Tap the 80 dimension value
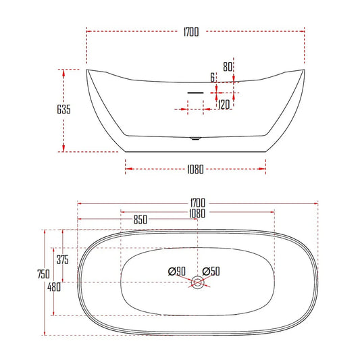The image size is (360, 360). tap(228, 66)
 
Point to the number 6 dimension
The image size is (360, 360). tap(213, 78)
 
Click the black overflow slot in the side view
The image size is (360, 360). tap(195, 89)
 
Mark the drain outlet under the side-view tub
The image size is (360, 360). tap(195, 139)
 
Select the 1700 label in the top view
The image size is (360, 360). tap(197, 203)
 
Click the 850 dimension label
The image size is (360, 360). tap(140, 220)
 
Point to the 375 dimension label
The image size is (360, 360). tap(63, 260)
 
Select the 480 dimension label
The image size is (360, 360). tap(55, 287)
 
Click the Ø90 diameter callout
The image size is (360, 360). tap(177, 271)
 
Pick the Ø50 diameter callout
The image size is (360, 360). tap(211, 271)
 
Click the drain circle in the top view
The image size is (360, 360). tap(198, 283)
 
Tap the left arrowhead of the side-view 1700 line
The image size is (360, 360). tap(89, 32)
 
